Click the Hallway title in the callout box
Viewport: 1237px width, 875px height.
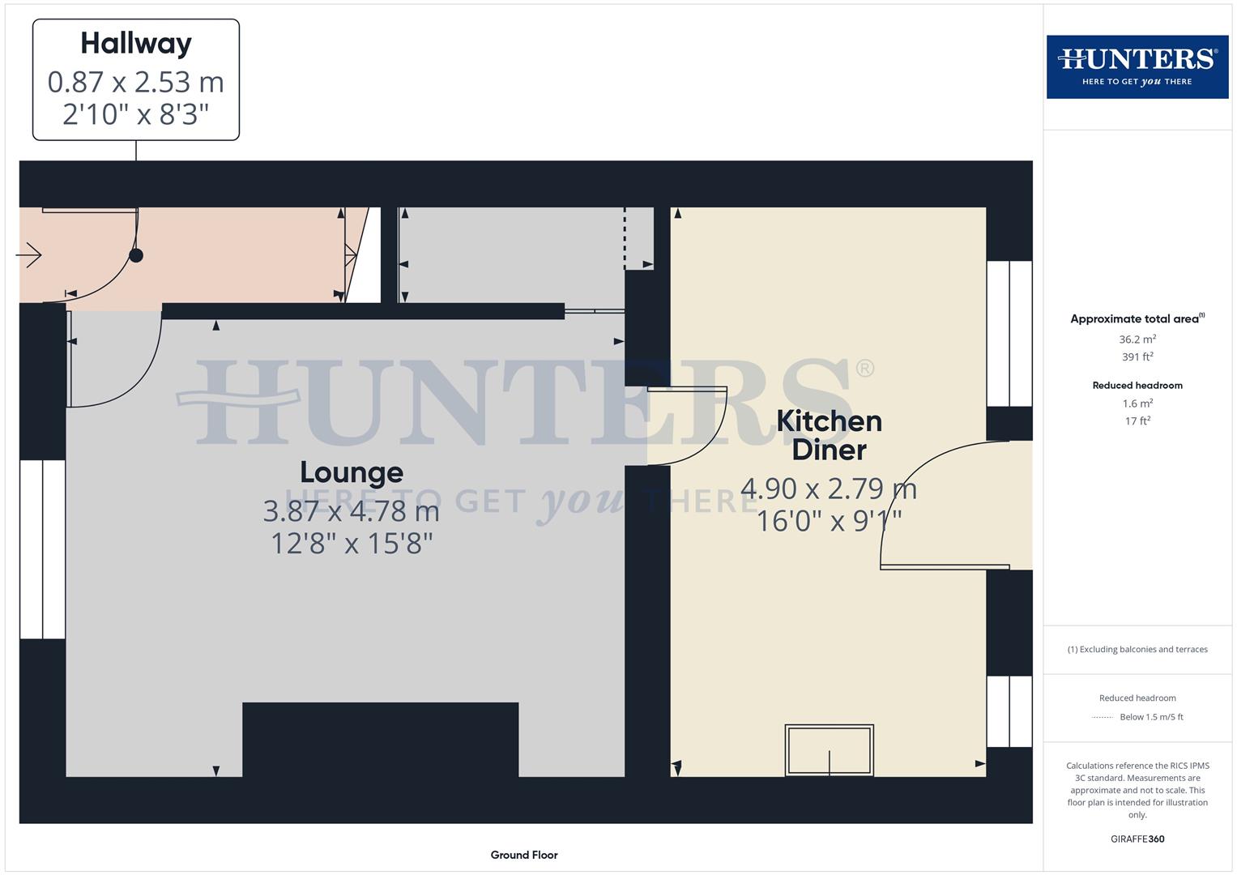(x=136, y=44)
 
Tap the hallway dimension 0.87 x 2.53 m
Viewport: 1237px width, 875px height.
(x=136, y=82)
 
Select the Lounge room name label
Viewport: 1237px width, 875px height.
(x=352, y=472)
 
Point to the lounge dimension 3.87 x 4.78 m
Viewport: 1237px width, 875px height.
(x=352, y=511)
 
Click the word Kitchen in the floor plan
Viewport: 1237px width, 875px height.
(x=829, y=421)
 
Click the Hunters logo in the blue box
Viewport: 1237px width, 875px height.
(x=1137, y=66)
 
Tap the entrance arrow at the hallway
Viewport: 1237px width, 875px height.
(x=29, y=255)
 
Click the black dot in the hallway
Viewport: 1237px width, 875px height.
(x=136, y=255)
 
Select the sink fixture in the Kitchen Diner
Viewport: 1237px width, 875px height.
(x=829, y=750)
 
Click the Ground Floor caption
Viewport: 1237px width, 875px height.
(x=524, y=855)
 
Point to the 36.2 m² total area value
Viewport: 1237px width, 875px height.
(x=1137, y=339)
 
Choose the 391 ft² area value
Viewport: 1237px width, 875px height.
(x=1137, y=356)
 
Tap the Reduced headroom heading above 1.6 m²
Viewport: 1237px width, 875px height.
(x=1137, y=386)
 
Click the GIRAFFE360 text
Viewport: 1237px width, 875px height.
(x=1137, y=839)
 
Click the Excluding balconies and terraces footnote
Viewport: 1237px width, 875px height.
(x=1137, y=649)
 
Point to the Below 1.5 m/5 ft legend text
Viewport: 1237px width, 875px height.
(x=1151, y=717)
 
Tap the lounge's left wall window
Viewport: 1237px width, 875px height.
(x=42, y=549)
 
